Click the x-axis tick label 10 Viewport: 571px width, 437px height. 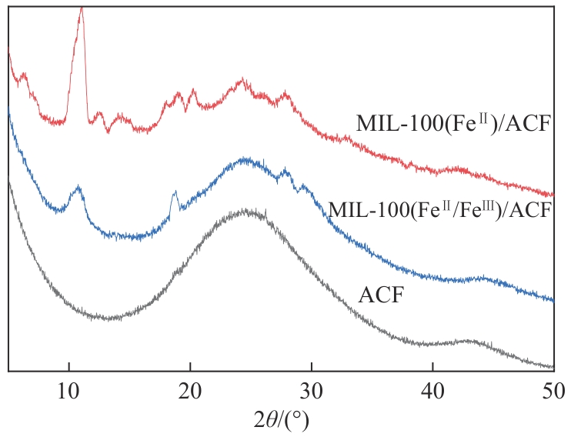(x=69, y=391)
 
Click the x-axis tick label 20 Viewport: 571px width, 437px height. (x=190, y=391)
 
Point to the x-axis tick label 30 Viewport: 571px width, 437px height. (x=311, y=391)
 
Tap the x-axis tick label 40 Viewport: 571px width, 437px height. (x=432, y=391)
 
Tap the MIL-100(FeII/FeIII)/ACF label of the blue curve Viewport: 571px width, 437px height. (x=440, y=209)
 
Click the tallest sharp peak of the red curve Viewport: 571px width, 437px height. (x=82, y=9)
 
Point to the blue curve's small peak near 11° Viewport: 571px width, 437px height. (x=78, y=187)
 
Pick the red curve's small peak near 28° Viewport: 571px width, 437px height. (x=287, y=93)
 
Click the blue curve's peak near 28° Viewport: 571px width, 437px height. (x=287, y=171)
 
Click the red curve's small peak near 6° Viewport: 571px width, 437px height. (x=23, y=75)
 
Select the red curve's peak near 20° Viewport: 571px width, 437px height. (x=192, y=92)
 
